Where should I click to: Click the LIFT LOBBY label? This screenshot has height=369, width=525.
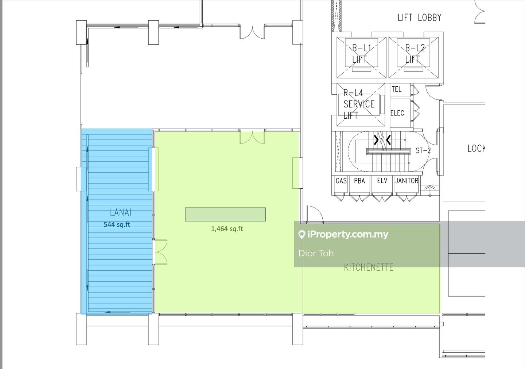click(x=420, y=17)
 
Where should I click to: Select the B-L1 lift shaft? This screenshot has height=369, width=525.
click(x=361, y=57)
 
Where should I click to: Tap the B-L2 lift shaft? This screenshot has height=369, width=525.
click(x=413, y=57)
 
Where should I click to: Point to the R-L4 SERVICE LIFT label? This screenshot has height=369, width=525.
click(x=359, y=104)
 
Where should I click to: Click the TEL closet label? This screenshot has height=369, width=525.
click(x=397, y=89)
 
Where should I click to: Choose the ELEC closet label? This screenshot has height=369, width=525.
click(x=397, y=113)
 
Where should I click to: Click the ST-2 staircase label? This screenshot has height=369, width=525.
click(x=423, y=150)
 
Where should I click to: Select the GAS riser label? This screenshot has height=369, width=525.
click(x=341, y=181)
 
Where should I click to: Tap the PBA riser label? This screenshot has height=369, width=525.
click(x=359, y=181)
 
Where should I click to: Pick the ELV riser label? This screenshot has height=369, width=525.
click(x=382, y=181)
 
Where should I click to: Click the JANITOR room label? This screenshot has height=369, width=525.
click(x=407, y=181)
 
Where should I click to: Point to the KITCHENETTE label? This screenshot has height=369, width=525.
click(x=369, y=267)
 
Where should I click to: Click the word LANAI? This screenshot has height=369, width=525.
click(x=120, y=212)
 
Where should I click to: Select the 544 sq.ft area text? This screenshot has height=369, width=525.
click(x=117, y=224)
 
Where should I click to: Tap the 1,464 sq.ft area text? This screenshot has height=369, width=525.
click(x=227, y=229)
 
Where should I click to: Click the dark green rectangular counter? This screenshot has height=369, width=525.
click(x=225, y=214)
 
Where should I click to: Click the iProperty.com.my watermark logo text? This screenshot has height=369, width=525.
click(x=343, y=234)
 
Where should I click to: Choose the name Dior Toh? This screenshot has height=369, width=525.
click(x=316, y=253)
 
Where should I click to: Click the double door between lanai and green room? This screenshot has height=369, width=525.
click(x=161, y=252)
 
